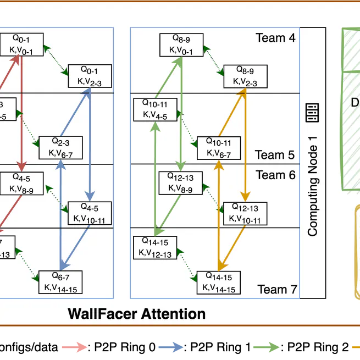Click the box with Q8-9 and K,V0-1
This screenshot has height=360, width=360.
tap(182, 45)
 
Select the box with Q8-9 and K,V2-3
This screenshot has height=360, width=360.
tap(244, 76)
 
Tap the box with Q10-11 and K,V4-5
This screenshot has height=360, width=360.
tap(156, 109)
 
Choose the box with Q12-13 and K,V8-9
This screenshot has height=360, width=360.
tap(180, 182)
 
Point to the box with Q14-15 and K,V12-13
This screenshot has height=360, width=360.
tap(156, 247)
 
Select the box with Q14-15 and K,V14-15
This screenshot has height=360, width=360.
tap(218, 282)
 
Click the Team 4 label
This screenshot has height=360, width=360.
tap(275, 38)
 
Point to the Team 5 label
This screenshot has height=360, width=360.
tap(275, 155)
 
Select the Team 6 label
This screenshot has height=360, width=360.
tap(275, 175)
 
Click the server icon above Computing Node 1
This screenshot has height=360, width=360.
tap(312, 114)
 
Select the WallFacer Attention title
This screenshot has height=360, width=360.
tap(136, 314)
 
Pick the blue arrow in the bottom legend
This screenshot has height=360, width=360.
tap(171, 347)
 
